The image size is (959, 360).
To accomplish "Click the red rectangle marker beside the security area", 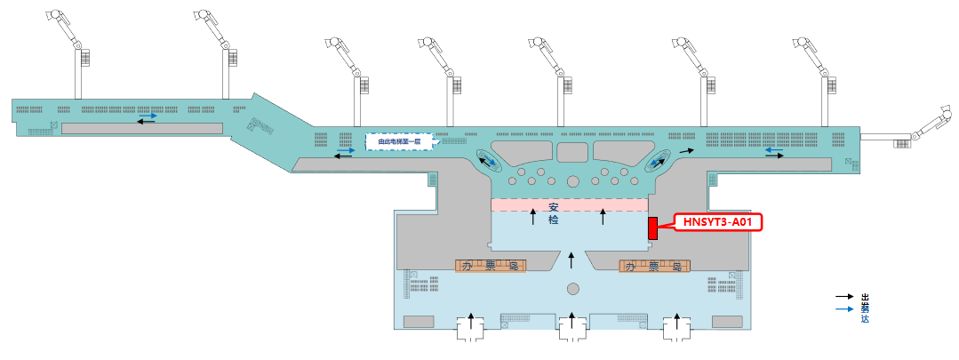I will tap(651, 228).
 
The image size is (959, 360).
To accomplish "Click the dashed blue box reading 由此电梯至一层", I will tap(399, 141).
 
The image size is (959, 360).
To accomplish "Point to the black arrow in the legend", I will tap(843, 297).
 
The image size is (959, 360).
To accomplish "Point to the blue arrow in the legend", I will tap(843, 308).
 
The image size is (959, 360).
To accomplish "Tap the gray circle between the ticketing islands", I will tap(573, 289).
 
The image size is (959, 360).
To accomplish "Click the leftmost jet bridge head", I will tap(55, 17).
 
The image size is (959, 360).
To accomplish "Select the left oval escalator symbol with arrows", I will tap(488, 161).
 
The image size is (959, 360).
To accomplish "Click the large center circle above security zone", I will tap(573, 181).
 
